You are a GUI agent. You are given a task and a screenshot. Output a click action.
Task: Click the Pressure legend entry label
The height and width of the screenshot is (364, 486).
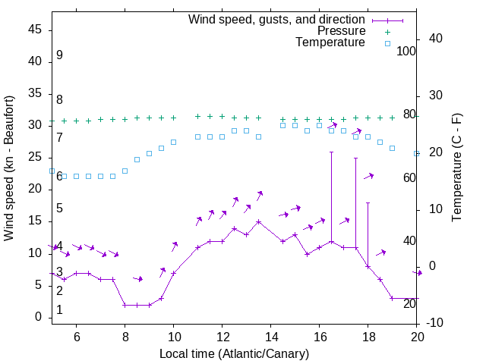click(x=341, y=31)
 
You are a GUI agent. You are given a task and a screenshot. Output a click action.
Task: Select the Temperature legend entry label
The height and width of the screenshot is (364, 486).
click(x=330, y=42)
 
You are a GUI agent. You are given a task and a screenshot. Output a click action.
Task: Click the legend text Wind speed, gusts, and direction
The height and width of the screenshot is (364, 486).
click(x=277, y=19)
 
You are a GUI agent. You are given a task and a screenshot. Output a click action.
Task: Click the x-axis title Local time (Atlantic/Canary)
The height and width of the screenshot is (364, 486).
click(x=234, y=354)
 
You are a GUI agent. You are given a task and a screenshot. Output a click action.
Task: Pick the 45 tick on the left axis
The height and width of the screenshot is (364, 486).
click(x=36, y=30)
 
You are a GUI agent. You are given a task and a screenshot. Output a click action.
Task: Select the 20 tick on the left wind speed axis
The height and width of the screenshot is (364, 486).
click(x=36, y=189)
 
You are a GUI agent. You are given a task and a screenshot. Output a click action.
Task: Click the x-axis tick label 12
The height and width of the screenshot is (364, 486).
click(x=222, y=337)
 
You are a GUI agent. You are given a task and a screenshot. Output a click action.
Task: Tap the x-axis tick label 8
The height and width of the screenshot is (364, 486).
click(x=125, y=337)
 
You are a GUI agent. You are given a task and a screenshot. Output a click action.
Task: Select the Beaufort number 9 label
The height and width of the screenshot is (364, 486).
click(x=59, y=55)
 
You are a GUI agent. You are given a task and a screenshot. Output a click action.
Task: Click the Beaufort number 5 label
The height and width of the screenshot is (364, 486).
click(x=59, y=209)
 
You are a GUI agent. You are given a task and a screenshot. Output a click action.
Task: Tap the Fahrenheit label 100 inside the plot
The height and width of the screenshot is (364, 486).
click(x=406, y=52)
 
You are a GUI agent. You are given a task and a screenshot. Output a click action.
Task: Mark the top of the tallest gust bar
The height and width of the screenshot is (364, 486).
click(x=331, y=152)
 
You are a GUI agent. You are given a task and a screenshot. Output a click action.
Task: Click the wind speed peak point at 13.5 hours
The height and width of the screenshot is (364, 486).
click(x=258, y=221)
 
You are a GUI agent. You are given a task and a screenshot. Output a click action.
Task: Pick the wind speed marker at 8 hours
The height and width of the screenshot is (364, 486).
click(x=125, y=305)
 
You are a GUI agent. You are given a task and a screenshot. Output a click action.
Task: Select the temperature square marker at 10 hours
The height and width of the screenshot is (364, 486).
click(x=173, y=142)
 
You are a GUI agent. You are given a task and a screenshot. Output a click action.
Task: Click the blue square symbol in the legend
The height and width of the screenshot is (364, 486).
click(x=387, y=43)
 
